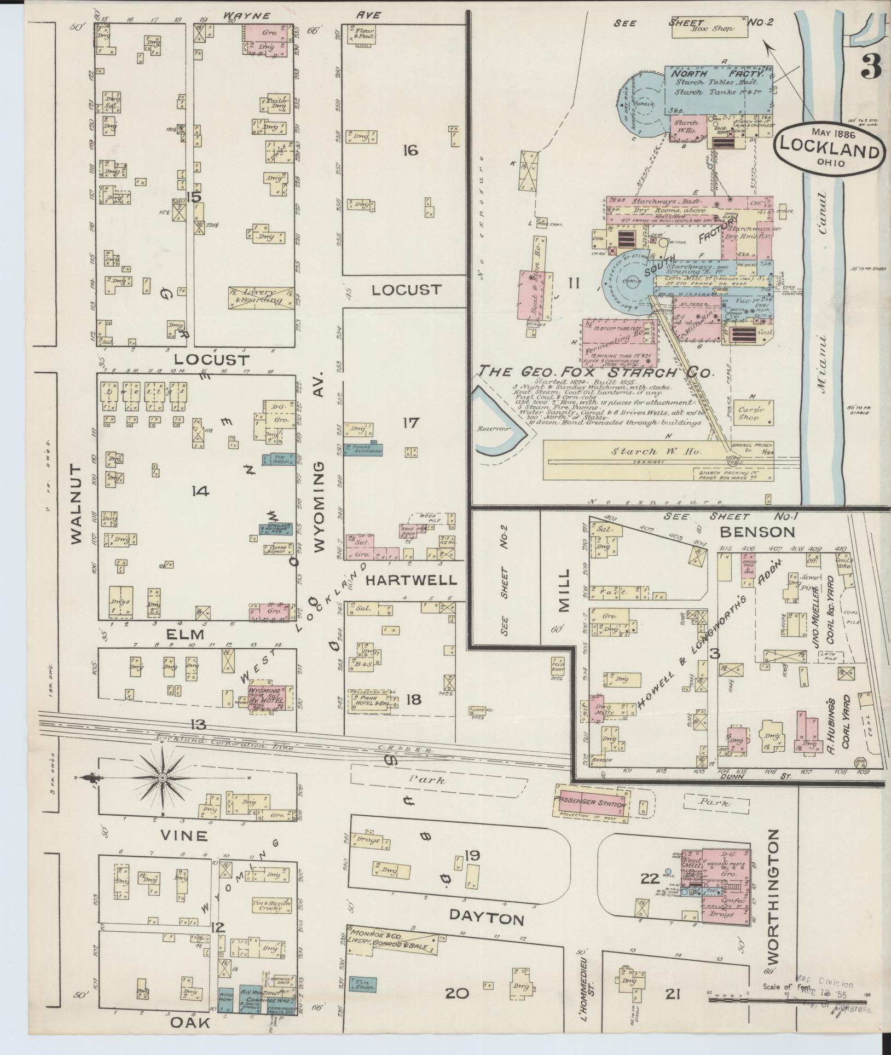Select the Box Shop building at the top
(709, 28)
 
